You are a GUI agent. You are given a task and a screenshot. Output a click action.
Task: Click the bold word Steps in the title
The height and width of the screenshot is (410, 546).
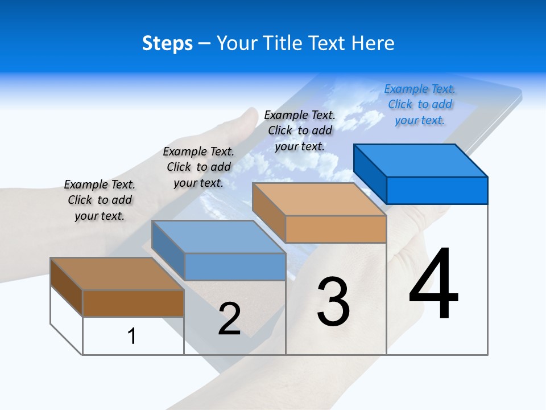click(167, 43)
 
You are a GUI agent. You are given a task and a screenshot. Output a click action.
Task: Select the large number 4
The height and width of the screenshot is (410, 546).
click(433, 285)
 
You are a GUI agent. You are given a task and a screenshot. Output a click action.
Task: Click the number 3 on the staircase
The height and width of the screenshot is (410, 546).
click(333, 302)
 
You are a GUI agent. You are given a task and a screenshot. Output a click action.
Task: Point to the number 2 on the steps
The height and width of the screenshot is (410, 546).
click(229, 319)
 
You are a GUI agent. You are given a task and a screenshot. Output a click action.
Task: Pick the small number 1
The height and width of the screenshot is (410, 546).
click(132, 336)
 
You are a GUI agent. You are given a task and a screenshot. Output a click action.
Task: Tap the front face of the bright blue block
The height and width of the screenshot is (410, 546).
click(437, 190)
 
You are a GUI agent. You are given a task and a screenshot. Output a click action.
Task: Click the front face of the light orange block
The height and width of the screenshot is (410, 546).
click(336, 229)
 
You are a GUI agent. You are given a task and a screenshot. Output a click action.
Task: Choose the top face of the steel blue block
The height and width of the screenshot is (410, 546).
click(218, 237)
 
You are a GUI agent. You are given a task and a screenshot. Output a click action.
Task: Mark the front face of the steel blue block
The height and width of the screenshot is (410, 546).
click(235, 266)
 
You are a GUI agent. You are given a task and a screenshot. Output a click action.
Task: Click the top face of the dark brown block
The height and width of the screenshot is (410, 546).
click(117, 274)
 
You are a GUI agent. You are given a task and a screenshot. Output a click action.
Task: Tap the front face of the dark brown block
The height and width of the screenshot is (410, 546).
click(133, 303)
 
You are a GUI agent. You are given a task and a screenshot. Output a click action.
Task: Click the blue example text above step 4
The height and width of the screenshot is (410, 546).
click(420, 105)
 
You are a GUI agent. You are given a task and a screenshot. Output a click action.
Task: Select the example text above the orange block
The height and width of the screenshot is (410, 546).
click(300, 130)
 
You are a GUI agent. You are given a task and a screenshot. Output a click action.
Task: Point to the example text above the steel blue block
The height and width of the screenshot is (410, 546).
click(198, 167)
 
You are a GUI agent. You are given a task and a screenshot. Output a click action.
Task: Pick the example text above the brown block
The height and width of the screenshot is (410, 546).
click(100, 200)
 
